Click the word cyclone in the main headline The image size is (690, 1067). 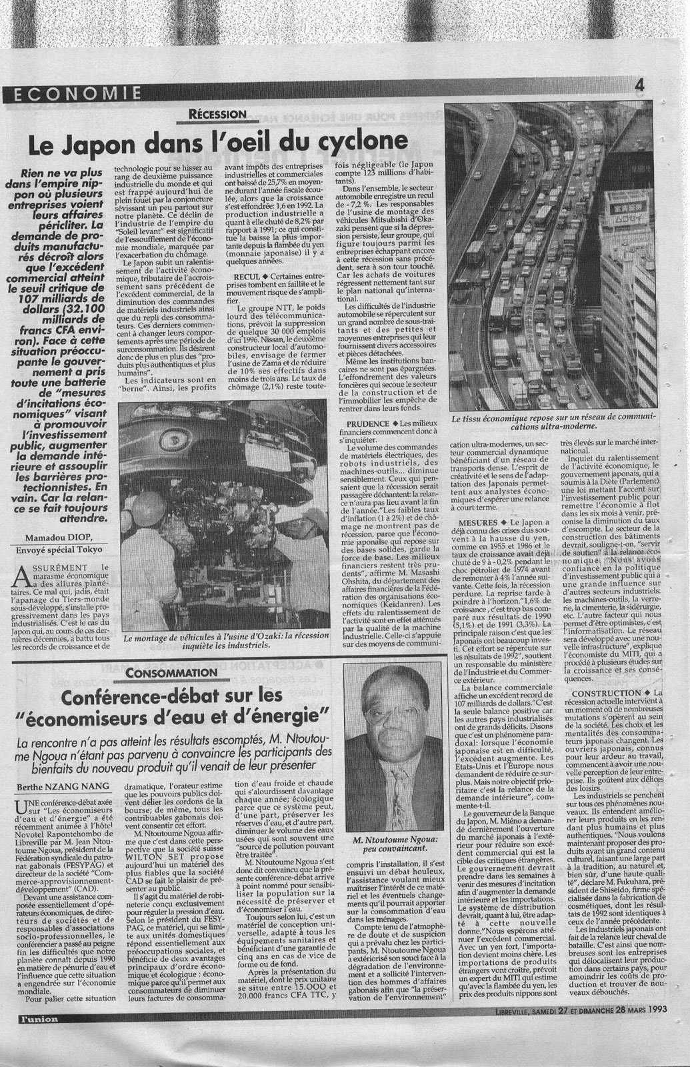351,141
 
